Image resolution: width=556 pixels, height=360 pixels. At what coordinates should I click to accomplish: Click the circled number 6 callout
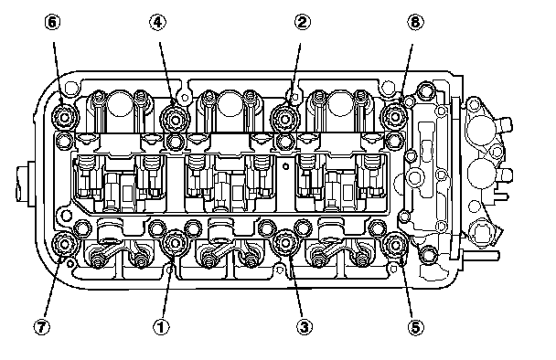52,22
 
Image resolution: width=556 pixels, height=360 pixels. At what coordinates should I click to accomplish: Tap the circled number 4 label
157,22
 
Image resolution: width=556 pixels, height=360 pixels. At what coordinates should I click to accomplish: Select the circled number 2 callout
303,22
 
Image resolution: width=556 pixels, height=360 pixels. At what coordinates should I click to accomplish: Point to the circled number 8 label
415,22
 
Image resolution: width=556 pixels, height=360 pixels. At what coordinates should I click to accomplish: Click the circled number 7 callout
42,327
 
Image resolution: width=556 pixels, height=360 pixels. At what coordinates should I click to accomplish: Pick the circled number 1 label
161,327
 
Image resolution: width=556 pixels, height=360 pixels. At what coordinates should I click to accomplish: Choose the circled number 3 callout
305,327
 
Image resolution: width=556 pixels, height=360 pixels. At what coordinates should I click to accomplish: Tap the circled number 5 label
415,327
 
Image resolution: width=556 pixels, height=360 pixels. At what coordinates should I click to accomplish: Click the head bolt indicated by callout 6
64,117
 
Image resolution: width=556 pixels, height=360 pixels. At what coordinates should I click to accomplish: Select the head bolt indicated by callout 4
175,119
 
